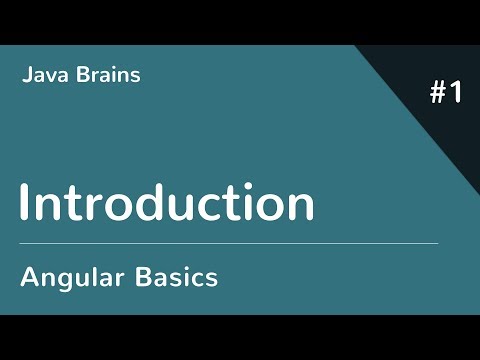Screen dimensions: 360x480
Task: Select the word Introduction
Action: click(167, 203)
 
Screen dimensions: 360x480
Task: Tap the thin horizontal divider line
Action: click(229, 243)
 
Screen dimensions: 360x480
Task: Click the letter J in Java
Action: click(24, 76)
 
